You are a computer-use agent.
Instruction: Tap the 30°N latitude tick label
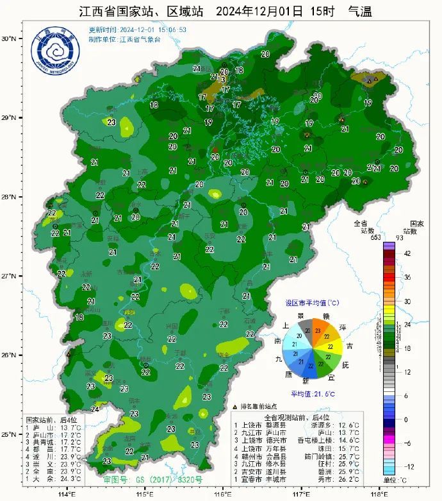point(9,38)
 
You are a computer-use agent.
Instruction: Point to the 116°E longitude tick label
point(223,494)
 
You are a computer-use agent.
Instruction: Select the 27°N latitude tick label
point(9,276)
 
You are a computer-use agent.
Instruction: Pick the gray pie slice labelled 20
point(307,330)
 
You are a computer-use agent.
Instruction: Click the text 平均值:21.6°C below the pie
point(313,394)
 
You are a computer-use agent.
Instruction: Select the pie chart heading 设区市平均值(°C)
point(313,303)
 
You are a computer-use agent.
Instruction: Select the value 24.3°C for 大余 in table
point(70,479)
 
